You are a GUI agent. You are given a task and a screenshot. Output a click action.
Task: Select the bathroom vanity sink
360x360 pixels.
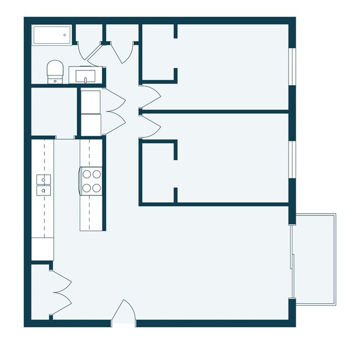click(86, 75)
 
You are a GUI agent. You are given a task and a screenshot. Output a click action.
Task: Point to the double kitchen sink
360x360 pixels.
click(43, 184)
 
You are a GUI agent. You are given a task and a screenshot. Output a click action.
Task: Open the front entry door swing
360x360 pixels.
click(124, 313)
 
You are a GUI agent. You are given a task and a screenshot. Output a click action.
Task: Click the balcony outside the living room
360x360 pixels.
click(314, 259)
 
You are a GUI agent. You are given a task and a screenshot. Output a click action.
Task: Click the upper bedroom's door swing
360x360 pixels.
click(151, 94)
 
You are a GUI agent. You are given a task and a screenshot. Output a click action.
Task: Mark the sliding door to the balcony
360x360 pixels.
click(292, 260)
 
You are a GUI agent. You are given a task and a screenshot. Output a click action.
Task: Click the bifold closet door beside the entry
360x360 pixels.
click(61, 292)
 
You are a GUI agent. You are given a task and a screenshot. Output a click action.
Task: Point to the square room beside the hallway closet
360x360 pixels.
click(53, 111)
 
